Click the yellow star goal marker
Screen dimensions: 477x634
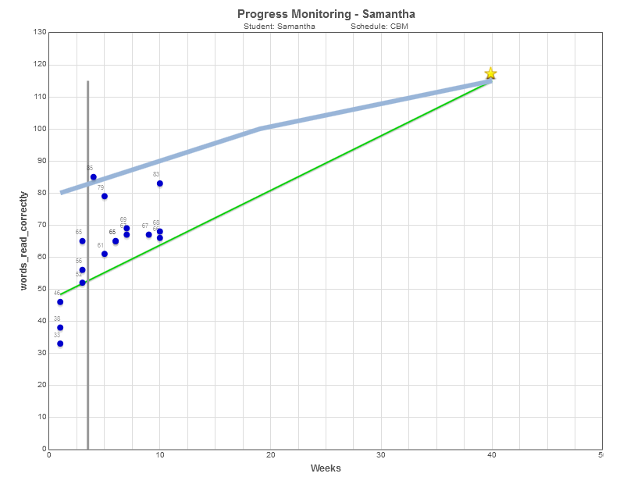point(490,73)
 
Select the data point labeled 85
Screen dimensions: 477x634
point(94,177)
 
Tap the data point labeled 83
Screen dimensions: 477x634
point(160,183)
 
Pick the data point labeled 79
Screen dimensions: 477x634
point(105,196)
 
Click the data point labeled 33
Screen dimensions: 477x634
point(60,344)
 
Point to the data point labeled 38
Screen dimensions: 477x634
point(60,328)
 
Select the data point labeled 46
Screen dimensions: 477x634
point(60,302)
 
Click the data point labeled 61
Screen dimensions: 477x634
point(105,254)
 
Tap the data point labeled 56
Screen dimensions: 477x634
point(82,270)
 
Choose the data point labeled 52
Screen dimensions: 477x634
point(82,283)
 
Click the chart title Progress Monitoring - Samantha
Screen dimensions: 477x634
point(326,14)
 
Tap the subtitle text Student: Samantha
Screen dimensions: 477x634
point(280,26)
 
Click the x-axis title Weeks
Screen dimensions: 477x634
point(326,468)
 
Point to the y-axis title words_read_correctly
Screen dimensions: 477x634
point(25,240)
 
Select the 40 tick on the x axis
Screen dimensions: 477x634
point(491,455)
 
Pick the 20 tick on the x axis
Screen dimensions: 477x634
point(270,455)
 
